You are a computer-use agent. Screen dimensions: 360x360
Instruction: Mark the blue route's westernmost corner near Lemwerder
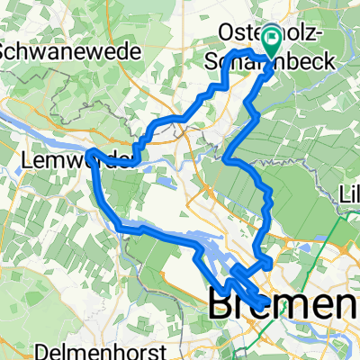coord(91,150)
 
